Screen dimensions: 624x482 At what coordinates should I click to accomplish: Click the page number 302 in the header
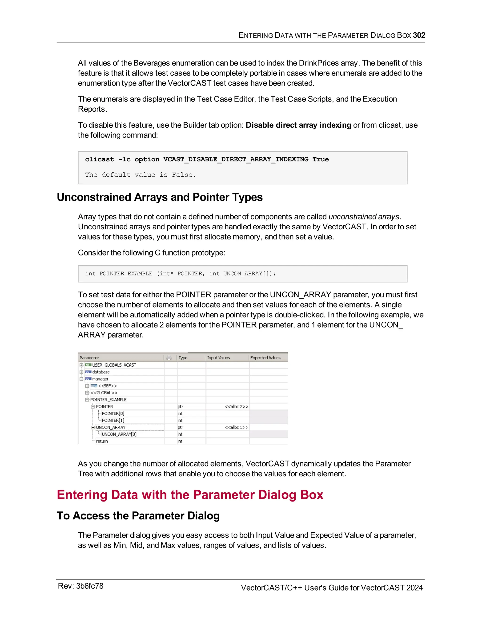pyautogui.click(x=419, y=35)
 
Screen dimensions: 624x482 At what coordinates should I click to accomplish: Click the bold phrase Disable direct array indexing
pyautogui.click(x=298, y=125)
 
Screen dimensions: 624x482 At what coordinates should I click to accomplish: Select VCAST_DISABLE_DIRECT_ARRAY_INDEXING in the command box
pyautogui.click(x=236, y=159)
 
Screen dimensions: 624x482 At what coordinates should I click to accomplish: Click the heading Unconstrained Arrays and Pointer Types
pyautogui.click(x=160, y=197)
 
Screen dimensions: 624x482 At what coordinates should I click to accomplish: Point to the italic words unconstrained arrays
pyautogui.click(x=363, y=217)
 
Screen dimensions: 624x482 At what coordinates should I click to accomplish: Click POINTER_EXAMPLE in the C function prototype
pyautogui.click(x=126, y=273)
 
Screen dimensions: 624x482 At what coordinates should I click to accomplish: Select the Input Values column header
pyautogui.click(x=218, y=358)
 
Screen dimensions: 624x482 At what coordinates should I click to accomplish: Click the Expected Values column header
pyautogui.click(x=265, y=358)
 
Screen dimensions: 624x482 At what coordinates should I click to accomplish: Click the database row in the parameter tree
pyautogui.click(x=101, y=372)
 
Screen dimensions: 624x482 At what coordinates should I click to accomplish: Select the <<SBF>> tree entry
pyautogui.click(x=107, y=386)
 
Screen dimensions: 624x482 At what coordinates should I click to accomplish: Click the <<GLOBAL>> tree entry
pyautogui.click(x=104, y=393)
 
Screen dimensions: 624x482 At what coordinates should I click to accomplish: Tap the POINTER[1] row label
pyautogui.click(x=113, y=420)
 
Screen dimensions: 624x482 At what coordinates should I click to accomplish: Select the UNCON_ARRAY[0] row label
pyautogui.click(x=119, y=434)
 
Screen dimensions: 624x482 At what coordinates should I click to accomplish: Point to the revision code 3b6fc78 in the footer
pyautogui.click(x=90, y=586)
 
